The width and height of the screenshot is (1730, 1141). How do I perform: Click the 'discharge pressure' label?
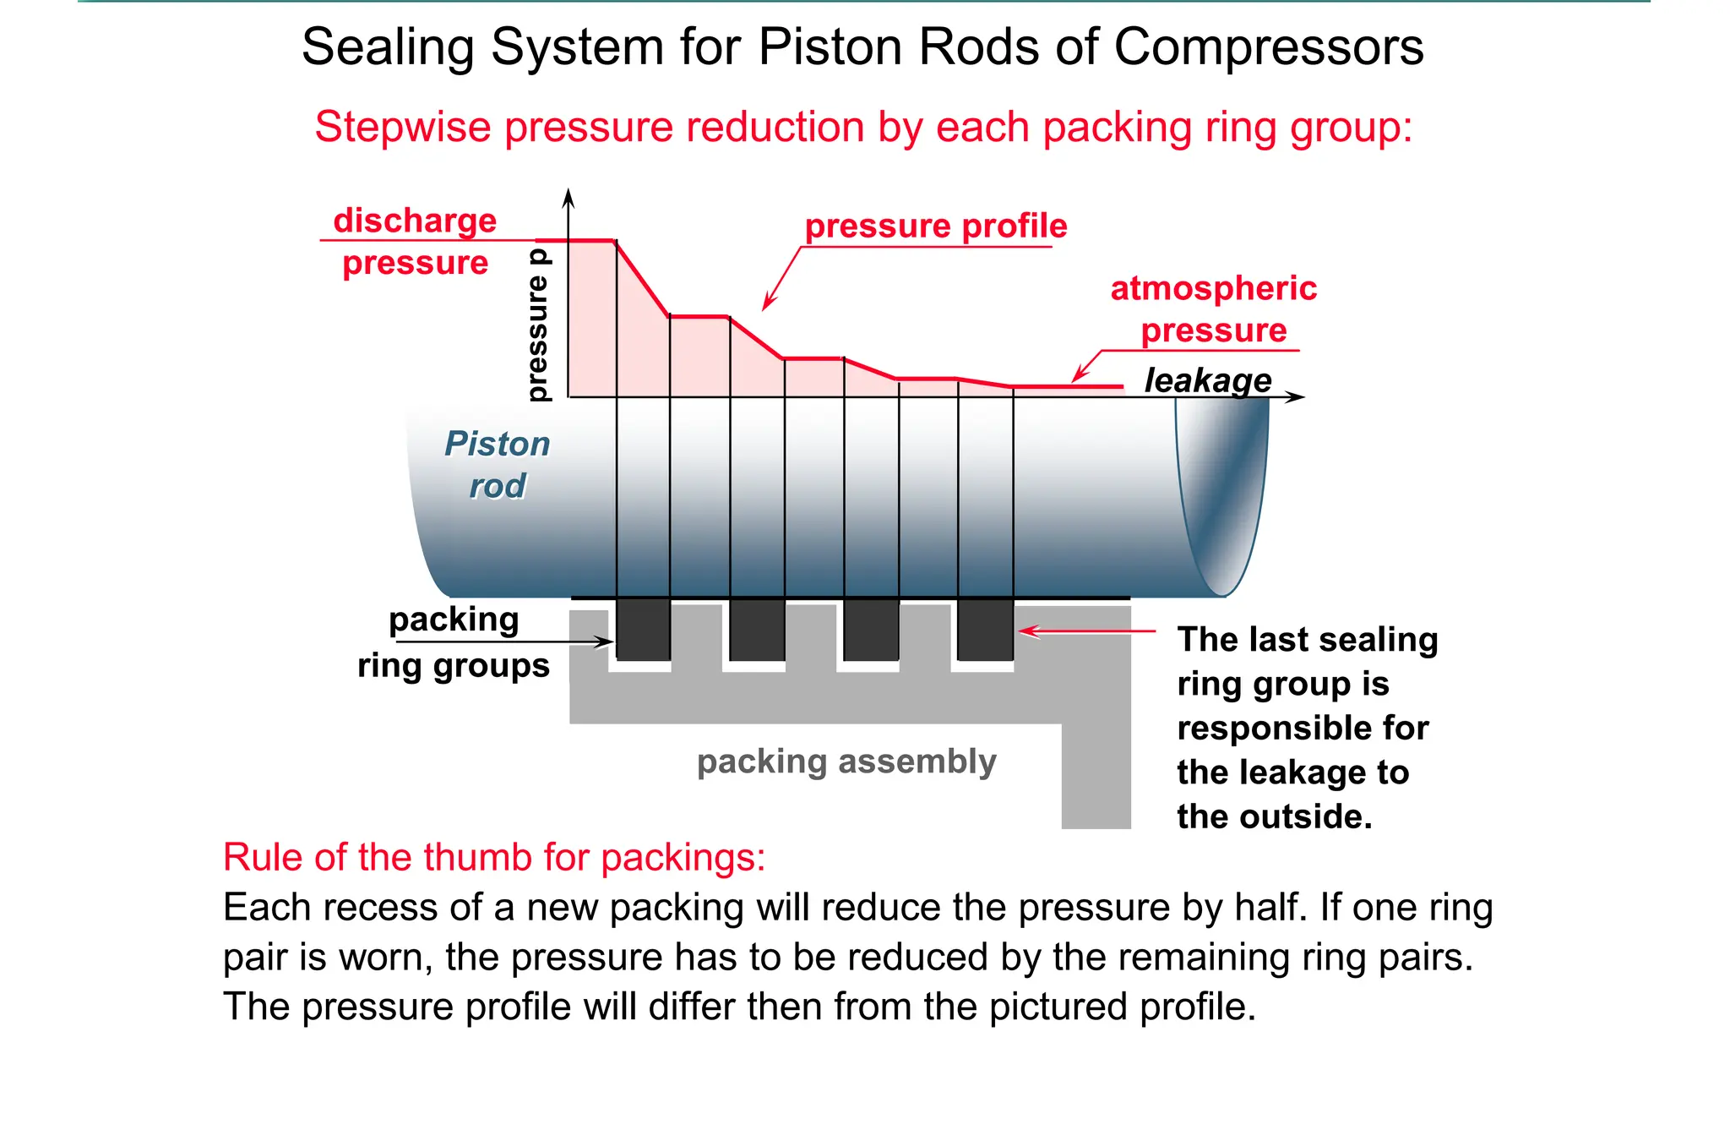415,242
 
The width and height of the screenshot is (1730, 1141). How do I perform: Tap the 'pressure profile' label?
935,227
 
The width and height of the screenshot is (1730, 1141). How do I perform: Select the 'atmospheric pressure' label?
1213,309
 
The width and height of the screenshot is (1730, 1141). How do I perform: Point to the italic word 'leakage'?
1207,380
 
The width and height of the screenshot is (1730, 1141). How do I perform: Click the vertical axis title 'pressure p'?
537,325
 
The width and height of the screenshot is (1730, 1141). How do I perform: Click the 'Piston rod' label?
498,464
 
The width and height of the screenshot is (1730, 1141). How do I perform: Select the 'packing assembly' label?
846,762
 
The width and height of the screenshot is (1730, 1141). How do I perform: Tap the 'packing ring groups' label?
454,642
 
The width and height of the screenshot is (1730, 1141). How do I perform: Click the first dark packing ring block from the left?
644,630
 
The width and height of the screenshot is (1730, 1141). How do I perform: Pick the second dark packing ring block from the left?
757,630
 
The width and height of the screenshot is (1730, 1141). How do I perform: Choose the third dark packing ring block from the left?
871,630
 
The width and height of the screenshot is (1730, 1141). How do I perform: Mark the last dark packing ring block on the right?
985,630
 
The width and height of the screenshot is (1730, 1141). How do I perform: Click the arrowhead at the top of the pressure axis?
569,197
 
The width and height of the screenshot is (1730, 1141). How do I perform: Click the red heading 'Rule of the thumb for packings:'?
494,857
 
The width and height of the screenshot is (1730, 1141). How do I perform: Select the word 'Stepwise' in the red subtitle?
403,128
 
